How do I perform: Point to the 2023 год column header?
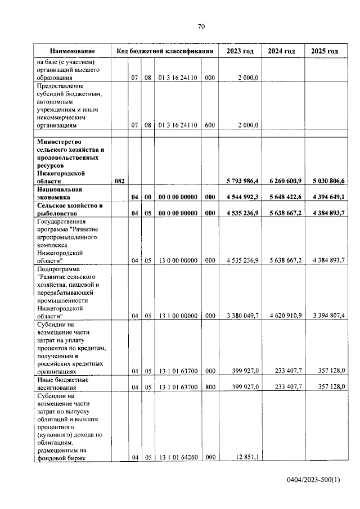point(240,51)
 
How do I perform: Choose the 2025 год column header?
point(325,51)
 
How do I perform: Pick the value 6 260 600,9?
point(283,182)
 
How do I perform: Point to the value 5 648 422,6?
point(283,197)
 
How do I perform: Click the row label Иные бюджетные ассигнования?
point(65,384)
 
